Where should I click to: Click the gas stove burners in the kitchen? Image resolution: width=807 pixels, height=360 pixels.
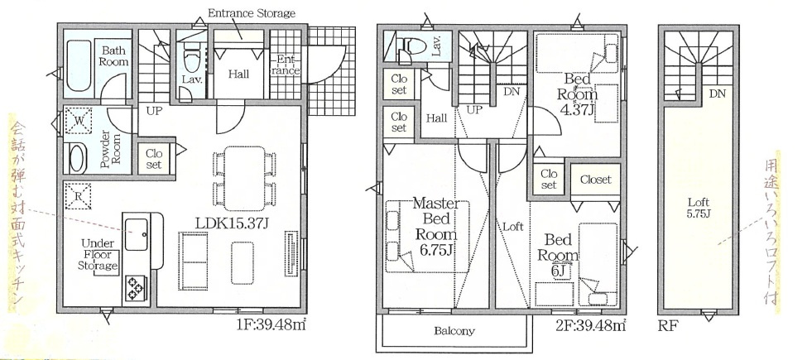(135, 288)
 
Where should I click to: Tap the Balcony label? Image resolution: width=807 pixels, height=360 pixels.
(454, 331)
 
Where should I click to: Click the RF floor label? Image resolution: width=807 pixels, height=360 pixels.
(668, 324)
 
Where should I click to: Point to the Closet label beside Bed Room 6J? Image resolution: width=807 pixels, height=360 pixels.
(595, 179)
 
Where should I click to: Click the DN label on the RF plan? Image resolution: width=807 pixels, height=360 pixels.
(717, 94)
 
